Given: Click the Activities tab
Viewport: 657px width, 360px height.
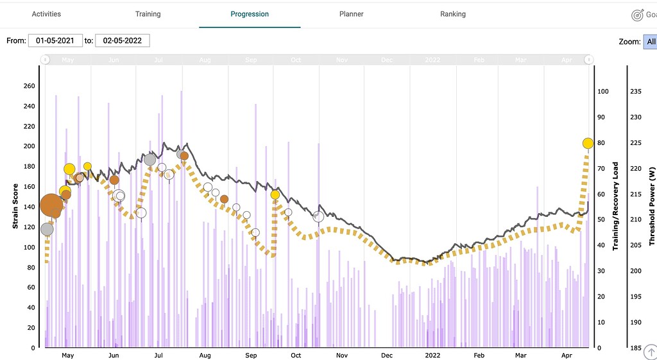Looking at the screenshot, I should (47, 13).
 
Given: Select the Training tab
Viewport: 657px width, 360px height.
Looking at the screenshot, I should (148, 13).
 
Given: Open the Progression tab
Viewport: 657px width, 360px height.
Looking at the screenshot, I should (250, 13).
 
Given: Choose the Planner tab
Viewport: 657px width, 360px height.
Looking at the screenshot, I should (351, 13).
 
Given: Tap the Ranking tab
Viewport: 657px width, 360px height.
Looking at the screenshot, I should (453, 13).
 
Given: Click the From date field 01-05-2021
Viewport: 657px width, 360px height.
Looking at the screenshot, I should (55, 40).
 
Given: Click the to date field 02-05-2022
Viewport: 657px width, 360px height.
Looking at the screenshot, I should (123, 40).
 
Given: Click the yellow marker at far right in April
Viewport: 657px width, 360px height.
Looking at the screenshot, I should (588, 143).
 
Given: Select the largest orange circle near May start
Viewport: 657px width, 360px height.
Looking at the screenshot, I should (51, 205).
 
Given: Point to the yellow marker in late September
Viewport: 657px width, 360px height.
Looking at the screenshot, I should (275, 194).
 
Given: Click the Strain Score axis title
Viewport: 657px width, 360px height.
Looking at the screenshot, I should (15, 205).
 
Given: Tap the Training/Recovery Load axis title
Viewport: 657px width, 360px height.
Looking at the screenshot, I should (615, 205).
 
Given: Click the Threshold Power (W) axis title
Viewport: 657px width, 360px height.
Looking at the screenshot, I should (652, 205).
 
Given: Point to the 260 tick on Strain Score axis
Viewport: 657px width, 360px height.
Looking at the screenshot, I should (28, 86).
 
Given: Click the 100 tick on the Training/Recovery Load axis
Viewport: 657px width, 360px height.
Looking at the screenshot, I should (602, 91).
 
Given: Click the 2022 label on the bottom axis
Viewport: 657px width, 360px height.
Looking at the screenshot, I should (432, 356).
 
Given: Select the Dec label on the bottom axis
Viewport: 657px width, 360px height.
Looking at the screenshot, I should (388, 356).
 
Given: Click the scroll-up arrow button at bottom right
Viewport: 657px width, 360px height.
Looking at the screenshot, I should (649, 352).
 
